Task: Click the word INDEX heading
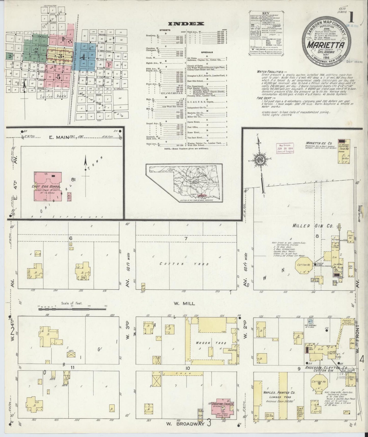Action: pos(186,24)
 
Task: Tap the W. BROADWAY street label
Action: pos(185,424)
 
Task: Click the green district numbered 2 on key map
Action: pos(36,50)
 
